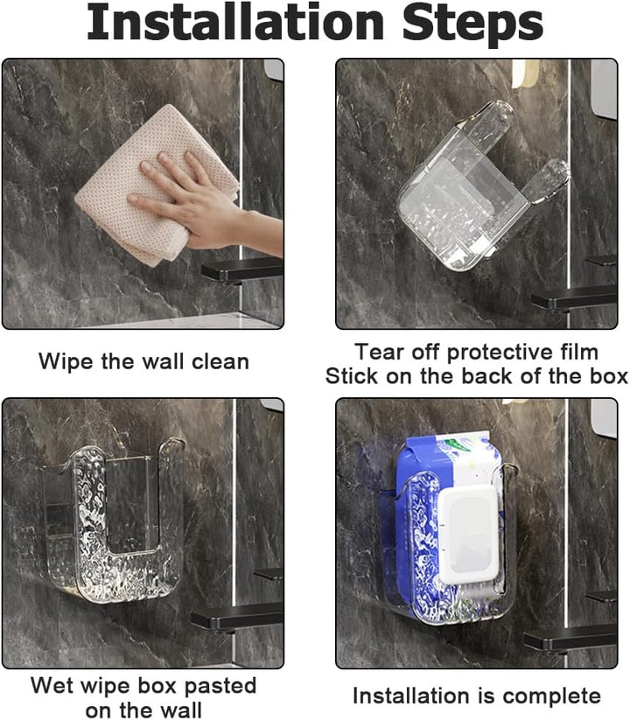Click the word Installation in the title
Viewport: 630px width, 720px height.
235,22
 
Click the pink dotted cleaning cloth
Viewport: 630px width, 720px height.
157,184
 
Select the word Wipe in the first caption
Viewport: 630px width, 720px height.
66,361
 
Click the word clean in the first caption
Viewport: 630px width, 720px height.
220,361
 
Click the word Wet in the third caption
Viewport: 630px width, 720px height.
51,686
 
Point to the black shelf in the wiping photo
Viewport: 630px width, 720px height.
242,270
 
